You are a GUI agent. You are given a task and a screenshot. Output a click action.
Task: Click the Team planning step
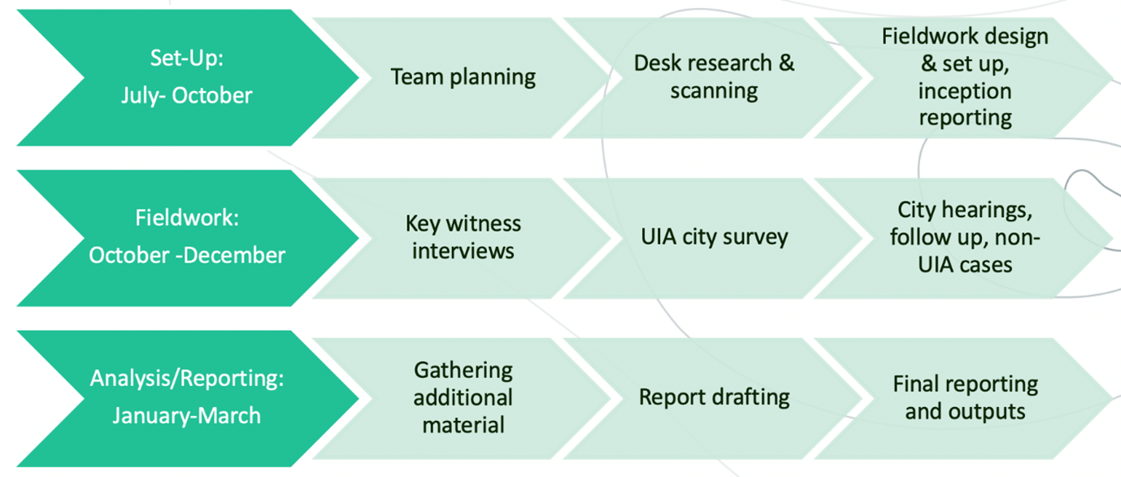pos(463,77)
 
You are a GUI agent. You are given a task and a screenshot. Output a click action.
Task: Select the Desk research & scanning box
pos(714,77)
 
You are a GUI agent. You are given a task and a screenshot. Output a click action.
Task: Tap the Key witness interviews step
pos(463,237)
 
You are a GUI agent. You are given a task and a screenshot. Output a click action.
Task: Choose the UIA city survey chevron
pos(714,237)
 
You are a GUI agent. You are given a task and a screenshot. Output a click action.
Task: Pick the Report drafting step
pos(714,397)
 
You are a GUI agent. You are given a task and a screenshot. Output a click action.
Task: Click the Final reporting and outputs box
pos(965,397)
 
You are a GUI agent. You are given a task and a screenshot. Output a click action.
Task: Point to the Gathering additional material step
pos(463,397)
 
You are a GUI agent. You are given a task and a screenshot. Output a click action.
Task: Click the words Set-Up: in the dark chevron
pos(187,59)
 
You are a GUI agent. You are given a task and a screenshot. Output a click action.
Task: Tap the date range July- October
pos(187,95)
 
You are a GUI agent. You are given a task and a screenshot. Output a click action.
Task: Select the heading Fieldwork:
pos(187,219)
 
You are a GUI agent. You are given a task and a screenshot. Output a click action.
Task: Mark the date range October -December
pos(187,255)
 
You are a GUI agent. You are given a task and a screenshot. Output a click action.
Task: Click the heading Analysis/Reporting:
pos(187,379)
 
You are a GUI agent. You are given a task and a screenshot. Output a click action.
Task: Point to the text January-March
pos(187,416)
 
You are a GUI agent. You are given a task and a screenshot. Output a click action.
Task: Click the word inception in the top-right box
pos(965,91)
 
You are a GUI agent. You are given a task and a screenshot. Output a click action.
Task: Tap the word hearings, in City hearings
pos(993,210)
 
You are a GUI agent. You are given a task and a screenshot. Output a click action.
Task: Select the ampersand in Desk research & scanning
pos(786,63)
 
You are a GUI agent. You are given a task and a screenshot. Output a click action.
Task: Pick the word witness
pos(486,223)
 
